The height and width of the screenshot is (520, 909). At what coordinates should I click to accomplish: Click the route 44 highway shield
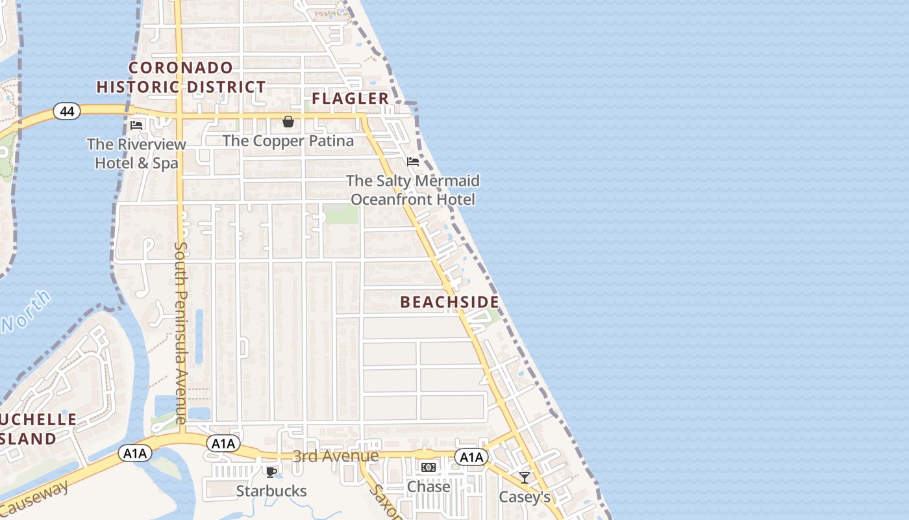point(67,111)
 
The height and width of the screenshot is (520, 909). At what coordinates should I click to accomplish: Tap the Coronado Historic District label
point(181,77)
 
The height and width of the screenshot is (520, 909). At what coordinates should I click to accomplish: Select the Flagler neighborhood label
point(351,98)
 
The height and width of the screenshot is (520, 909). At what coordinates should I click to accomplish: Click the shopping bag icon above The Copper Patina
point(288,122)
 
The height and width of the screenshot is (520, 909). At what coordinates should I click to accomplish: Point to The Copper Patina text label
point(288,141)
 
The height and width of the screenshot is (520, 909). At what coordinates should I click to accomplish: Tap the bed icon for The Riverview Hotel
point(136,125)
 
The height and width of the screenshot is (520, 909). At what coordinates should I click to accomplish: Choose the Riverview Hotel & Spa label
point(136,153)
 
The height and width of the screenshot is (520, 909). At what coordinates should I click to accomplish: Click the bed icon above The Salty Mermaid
point(413,161)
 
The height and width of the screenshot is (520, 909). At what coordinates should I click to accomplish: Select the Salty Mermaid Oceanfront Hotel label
point(413,190)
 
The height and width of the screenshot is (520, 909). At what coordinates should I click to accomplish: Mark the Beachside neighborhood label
point(450,302)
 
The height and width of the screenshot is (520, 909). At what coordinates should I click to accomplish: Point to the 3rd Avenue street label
point(336,456)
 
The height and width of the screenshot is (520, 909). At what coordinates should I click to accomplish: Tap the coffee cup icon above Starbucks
point(271,472)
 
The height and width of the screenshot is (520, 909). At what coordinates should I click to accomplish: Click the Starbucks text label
point(271,491)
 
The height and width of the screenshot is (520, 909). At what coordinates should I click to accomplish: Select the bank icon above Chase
point(429,467)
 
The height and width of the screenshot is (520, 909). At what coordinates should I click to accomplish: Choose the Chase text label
point(429,486)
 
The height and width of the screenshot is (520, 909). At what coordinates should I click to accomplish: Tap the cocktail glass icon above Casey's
point(525,478)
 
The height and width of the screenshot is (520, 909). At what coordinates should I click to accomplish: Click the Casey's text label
point(525,497)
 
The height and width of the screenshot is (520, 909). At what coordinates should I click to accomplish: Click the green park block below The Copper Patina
point(341,214)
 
